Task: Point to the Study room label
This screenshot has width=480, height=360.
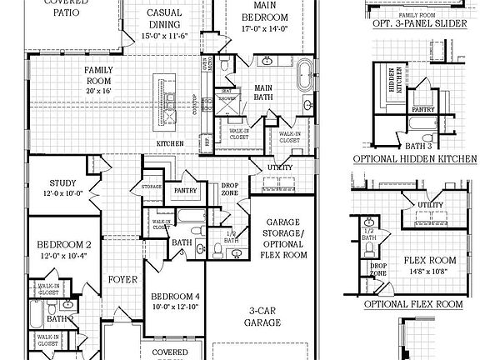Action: (63, 182)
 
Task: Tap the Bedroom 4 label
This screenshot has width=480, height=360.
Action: (175, 297)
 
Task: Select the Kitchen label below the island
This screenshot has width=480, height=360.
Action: (170, 144)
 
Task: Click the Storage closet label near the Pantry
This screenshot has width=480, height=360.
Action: (151, 187)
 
